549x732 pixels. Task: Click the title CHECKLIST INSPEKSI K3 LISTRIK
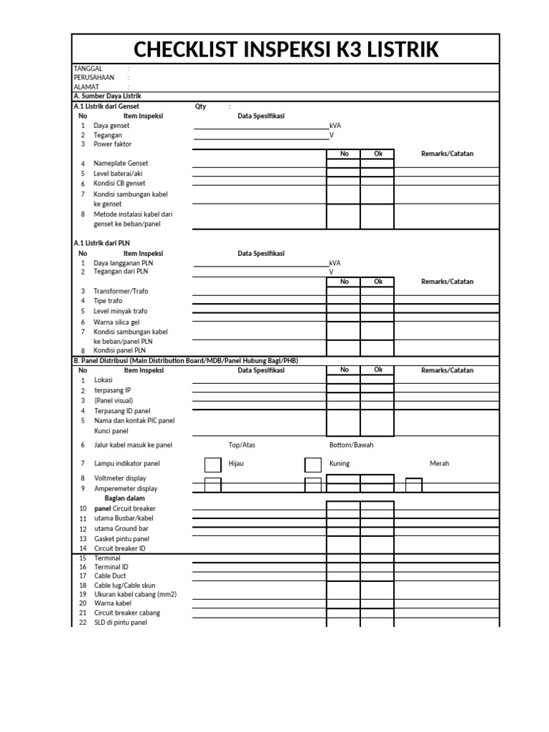(x=285, y=49)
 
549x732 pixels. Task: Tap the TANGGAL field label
(x=88, y=69)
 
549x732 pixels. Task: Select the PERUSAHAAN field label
(x=94, y=77)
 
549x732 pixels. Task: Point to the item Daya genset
(x=111, y=125)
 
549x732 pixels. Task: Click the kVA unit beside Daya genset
(x=335, y=125)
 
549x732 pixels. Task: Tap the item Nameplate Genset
(x=121, y=164)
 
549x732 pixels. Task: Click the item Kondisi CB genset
(x=119, y=184)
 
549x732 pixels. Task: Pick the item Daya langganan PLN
(x=123, y=263)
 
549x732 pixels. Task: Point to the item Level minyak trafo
(x=120, y=312)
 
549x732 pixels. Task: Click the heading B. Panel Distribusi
(x=186, y=361)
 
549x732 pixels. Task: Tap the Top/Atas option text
(x=242, y=445)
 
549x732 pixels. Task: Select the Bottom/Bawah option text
(x=351, y=445)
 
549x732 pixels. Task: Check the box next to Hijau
(x=212, y=465)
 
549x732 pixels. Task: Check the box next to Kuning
(x=313, y=465)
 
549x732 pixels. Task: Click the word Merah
(x=440, y=464)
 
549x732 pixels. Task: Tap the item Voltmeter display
(x=120, y=478)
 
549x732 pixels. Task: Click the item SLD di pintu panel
(x=120, y=623)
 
